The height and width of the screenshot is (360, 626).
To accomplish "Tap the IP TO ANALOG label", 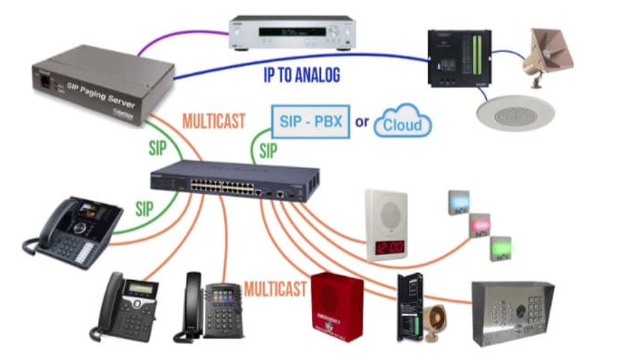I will click(x=301, y=75).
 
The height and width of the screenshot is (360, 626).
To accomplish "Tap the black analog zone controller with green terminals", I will click(x=459, y=58).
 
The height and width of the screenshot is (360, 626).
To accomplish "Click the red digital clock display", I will click(x=388, y=247).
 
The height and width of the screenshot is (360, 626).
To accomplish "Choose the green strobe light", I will click(x=500, y=248).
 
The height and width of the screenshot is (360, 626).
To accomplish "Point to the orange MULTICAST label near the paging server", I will click(x=213, y=120).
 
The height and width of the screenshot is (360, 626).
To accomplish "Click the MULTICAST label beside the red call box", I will click(x=275, y=289).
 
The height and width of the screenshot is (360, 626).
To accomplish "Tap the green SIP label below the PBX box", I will click(x=268, y=151).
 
